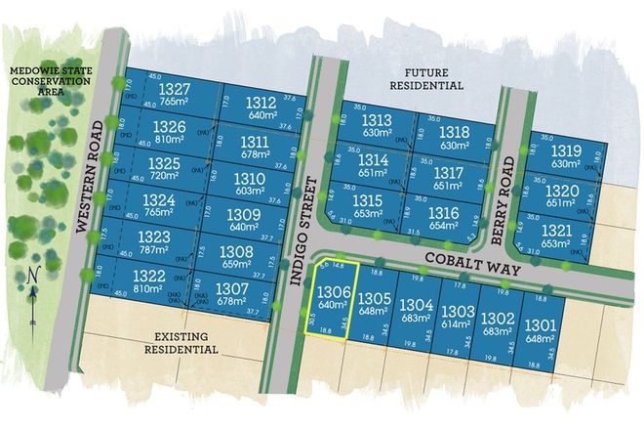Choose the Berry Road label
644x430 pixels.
tap(506, 214)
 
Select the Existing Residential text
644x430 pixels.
tap(181, 341)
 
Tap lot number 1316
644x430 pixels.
tap(442, 212)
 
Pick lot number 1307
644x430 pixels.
tap(230, 289)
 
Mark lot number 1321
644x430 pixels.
tap(554, 229)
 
